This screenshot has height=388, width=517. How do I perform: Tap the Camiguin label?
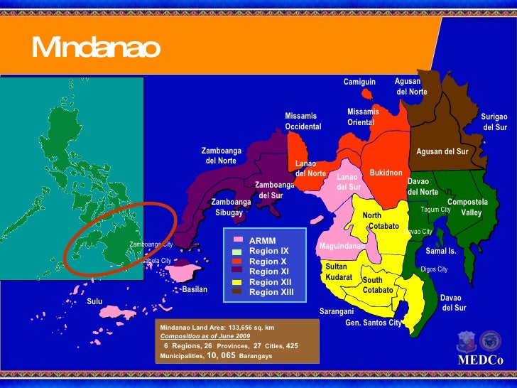tap(359, 82)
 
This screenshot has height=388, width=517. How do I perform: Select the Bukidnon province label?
tap(386, 173)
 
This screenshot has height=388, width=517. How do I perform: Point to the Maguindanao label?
tap(342, 246)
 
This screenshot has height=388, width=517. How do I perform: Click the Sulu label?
tap(94, 301)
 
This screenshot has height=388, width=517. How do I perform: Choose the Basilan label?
tap(195, 290)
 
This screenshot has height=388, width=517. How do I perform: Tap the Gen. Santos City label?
tap(373, 323)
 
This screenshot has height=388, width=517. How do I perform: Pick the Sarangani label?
tap(337, 311)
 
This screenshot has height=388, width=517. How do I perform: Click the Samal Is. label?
tap(440, 252)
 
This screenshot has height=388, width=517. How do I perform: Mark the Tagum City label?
tap(435, 210)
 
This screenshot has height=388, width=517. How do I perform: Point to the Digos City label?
tap(434, 269)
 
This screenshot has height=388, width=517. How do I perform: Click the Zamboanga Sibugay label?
tap(231, 208)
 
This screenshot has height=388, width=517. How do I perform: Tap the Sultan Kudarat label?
tap(339, 271)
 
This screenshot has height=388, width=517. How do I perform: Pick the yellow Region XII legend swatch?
tap(237, 281)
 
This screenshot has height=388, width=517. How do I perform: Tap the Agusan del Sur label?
tap(442, 152)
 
